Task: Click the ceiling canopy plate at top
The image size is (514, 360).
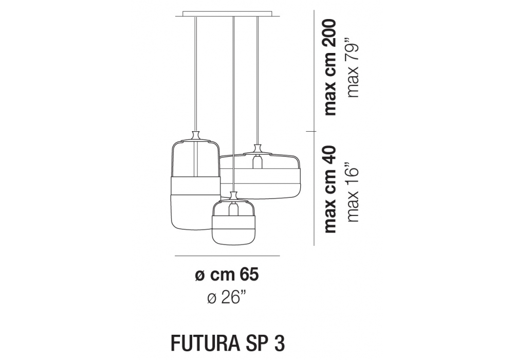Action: [228, 14]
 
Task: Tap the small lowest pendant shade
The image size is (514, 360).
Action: [233, 223]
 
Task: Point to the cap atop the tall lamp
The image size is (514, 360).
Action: [196, 136]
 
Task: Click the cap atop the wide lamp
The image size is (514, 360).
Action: [258, 149]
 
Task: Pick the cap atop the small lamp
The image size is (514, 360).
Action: [233, 196]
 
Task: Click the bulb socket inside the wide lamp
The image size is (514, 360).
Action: [258, 161]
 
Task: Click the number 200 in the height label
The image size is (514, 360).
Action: [330, 32]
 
